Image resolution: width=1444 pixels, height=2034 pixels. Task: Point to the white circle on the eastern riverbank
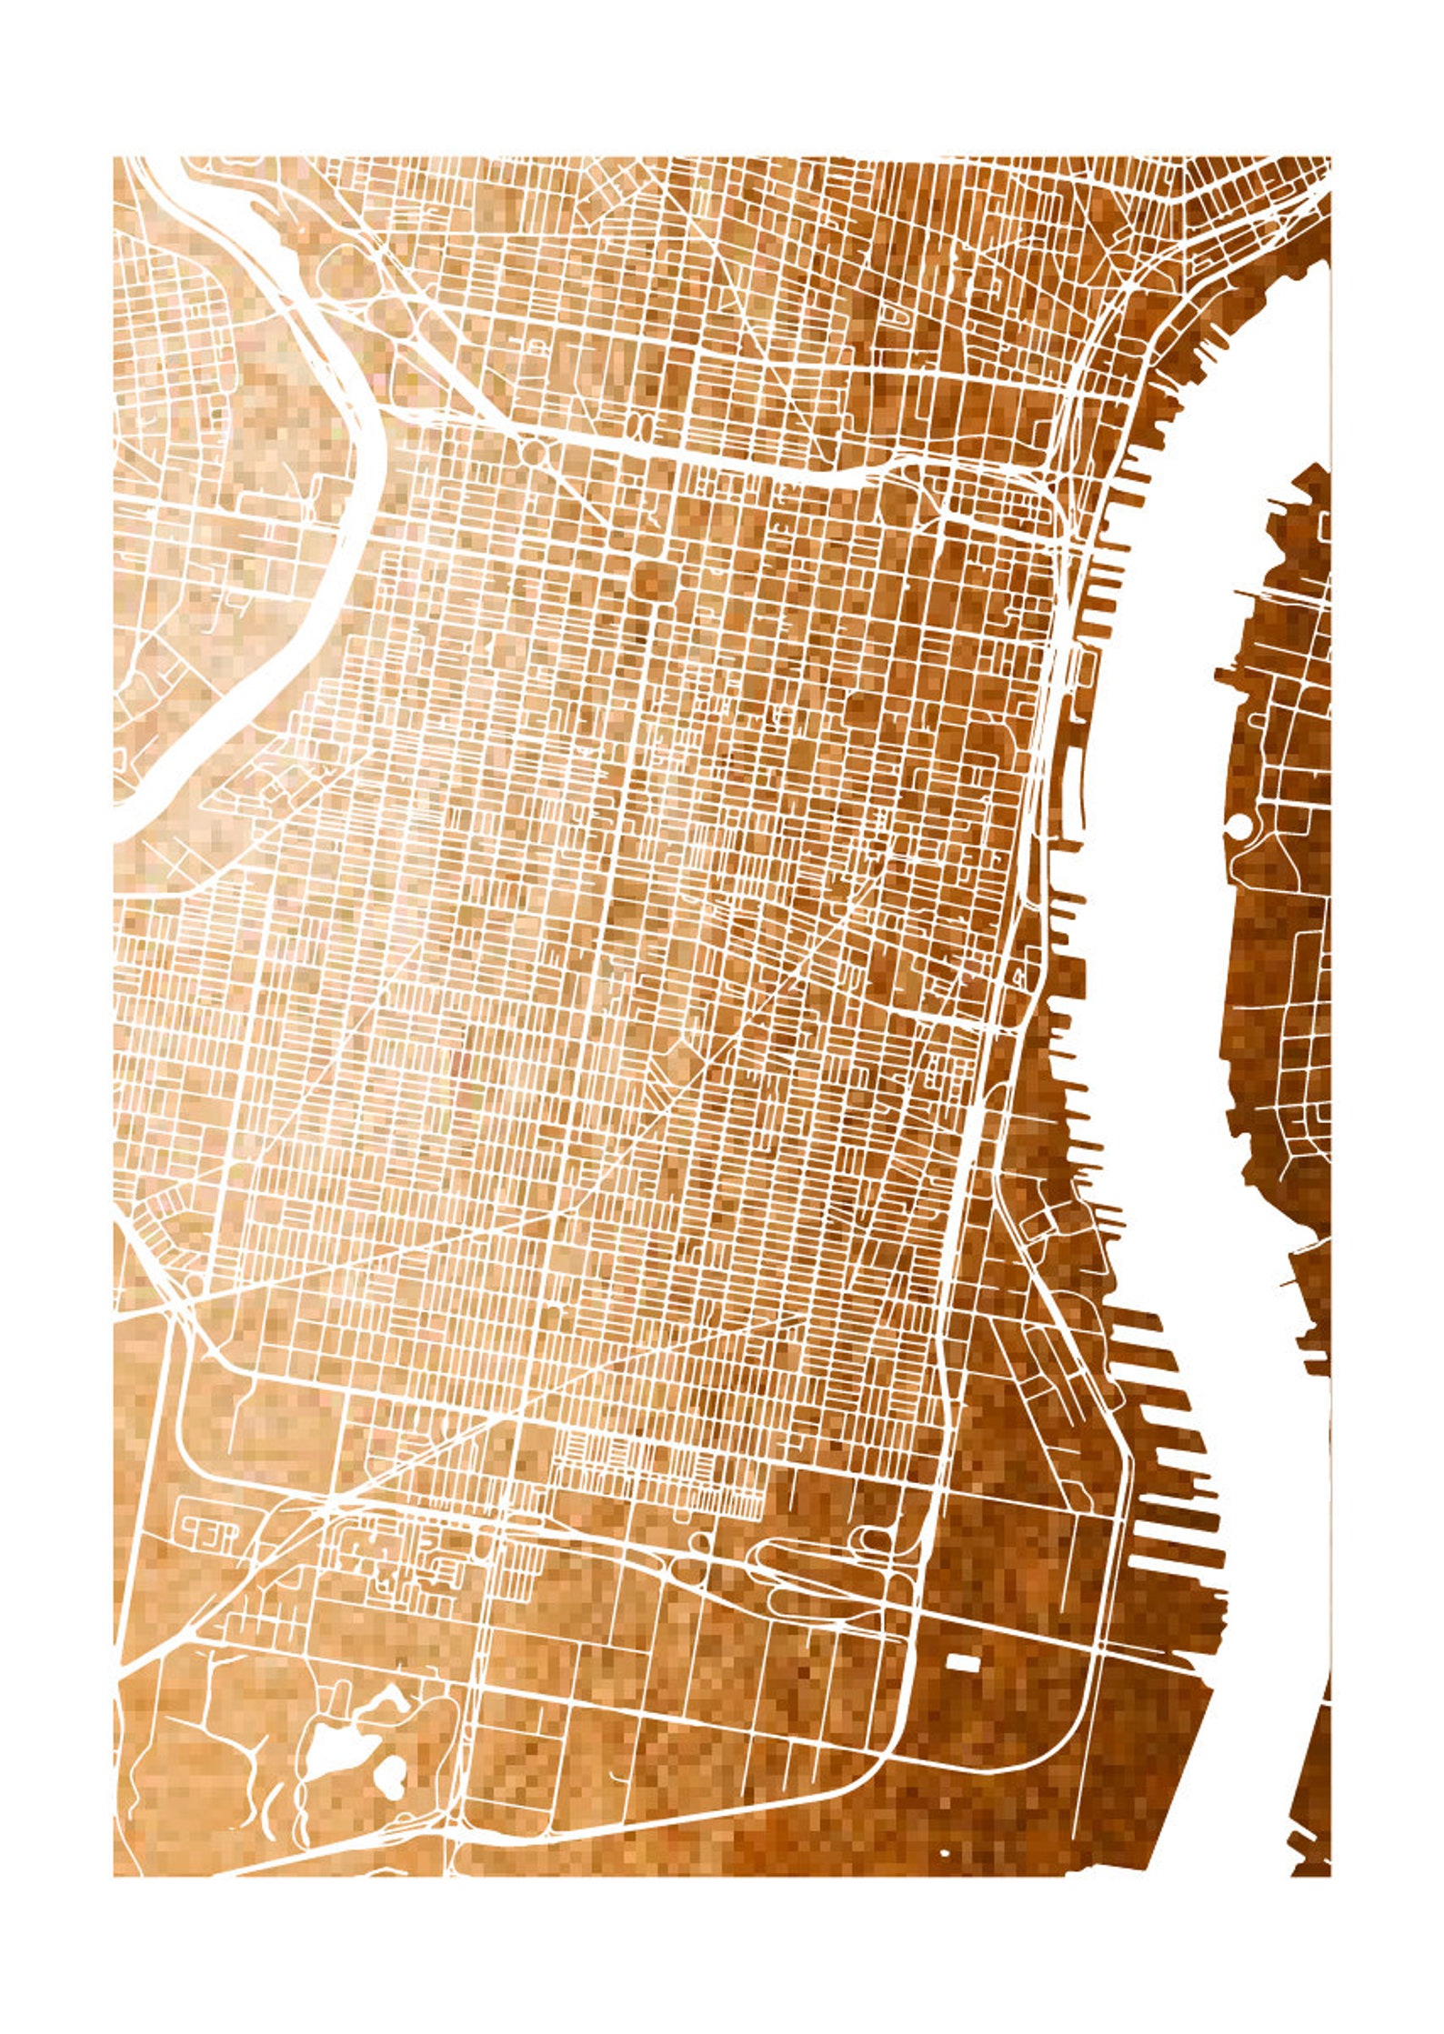click(x=1238, y=826)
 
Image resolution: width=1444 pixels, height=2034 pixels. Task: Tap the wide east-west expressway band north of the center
click(x=727, y=460)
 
